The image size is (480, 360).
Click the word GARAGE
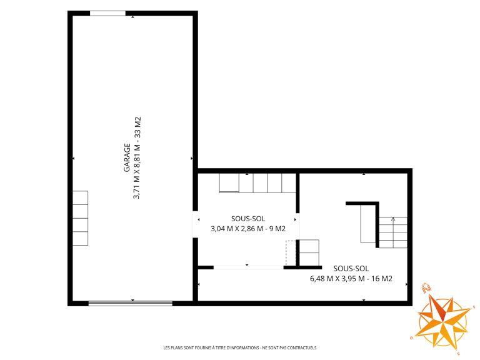click(127, 157)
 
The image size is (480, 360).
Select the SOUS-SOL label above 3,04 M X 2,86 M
click(248, 219)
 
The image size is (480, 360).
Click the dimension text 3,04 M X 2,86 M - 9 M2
click(248, 229)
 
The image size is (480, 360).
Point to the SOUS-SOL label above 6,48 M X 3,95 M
click(351, 269)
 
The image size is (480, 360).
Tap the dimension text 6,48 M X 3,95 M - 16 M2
click(351, 279)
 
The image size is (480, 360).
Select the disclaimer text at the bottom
click(240, 347)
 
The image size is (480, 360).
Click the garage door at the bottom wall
click(131, 303)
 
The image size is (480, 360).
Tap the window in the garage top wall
click(107, 13)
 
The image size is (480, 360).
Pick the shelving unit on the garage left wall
click(80, 218)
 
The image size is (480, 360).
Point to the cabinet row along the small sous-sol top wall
click(257, 183)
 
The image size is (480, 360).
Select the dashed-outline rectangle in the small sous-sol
click(291, 253)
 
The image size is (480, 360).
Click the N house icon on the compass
click(426, 287)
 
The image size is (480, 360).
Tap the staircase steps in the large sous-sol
click(393, 232)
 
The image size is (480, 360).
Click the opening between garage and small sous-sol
click(195, 224)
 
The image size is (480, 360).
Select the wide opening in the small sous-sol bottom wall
click(249, 267)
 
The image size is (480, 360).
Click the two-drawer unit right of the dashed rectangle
click(309, 253)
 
